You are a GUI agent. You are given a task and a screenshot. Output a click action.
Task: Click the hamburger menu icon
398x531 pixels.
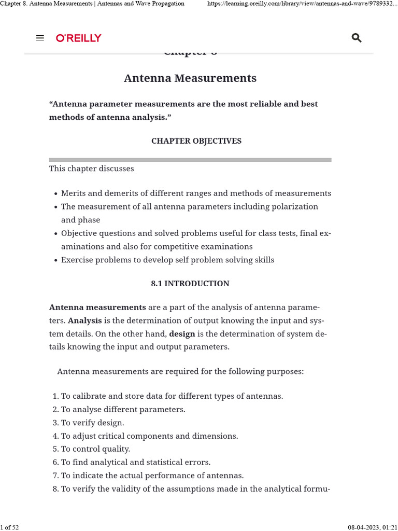coord(40,38)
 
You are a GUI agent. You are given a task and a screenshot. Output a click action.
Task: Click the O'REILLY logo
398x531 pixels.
coord(79,38)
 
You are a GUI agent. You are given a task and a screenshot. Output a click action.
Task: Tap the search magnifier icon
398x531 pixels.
coord(357,38)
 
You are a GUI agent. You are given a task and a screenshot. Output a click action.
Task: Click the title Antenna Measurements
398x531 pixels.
coord(190,78)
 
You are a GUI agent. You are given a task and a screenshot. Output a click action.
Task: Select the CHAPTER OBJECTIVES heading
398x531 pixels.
coord(196,141)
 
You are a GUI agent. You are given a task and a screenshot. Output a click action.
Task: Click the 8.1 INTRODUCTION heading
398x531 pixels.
coord(190,284)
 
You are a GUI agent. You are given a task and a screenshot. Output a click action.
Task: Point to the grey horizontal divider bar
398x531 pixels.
coord(190,160)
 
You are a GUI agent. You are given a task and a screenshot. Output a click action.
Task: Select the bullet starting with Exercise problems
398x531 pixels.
coord(167,260)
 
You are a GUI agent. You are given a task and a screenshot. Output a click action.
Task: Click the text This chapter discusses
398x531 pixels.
coord(92,169)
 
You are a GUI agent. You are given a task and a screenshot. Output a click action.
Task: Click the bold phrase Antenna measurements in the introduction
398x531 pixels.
coord(97,307)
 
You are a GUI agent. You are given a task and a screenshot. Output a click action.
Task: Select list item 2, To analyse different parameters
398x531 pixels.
coord(123,409)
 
